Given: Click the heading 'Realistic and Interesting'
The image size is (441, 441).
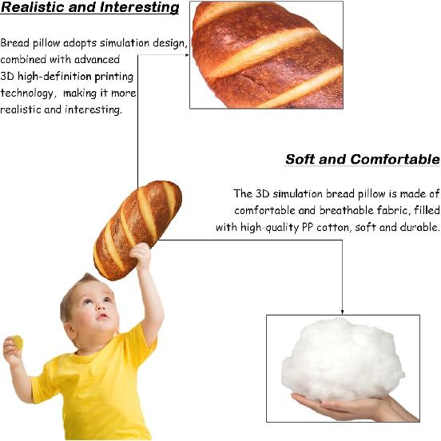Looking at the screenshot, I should pyautogui.click(x=89, y=8).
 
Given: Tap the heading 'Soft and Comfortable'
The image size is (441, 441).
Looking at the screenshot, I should pyautogui.click(x=362, y=159).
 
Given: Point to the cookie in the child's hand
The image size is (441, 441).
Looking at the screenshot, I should pyautogui.click(x=18, y=343).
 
